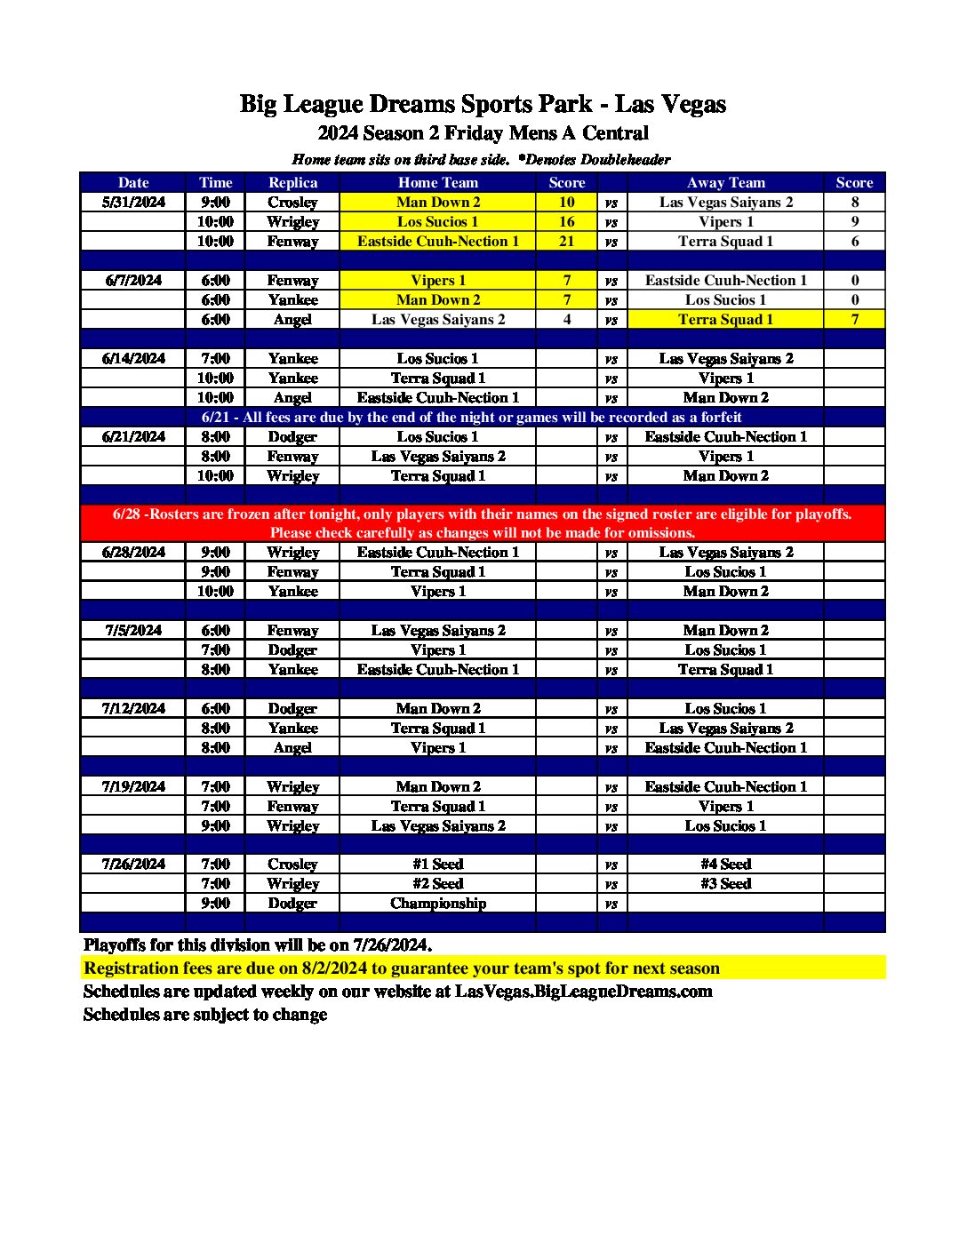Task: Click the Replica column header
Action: click(292, 182)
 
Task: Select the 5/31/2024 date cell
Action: click(133, 202)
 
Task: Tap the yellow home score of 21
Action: click(566, 241)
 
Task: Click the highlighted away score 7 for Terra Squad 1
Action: click(854, 319)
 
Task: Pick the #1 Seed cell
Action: click(437, 864)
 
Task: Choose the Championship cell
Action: click(437, 903)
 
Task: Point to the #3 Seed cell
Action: click(725, 883)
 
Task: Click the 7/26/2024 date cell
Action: click(133, 864)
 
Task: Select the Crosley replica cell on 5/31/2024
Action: click(292, 202)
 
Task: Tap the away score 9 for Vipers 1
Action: click(854, 221)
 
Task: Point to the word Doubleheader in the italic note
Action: click(625, 160)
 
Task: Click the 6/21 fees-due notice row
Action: click(471, 417)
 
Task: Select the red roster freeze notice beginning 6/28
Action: click(482, 523)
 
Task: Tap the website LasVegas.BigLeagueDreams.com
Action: click(583, 992)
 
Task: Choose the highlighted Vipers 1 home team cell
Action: click(437, 280)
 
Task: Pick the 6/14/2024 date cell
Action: click(133, 358)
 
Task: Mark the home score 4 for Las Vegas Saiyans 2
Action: click(566, 319)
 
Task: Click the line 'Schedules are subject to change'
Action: click(204, 1015)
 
